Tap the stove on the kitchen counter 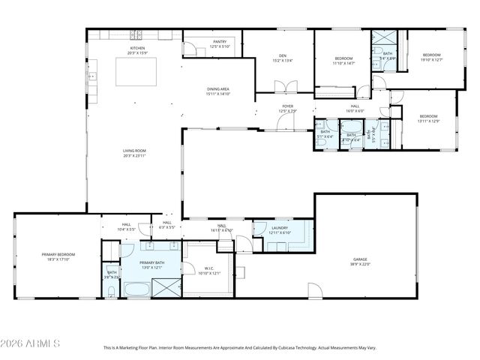click(x=137, y=34)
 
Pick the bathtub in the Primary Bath click(x=136, y=289)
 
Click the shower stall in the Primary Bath click(x=167, y=287)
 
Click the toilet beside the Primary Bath click(x=111, y=289)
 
